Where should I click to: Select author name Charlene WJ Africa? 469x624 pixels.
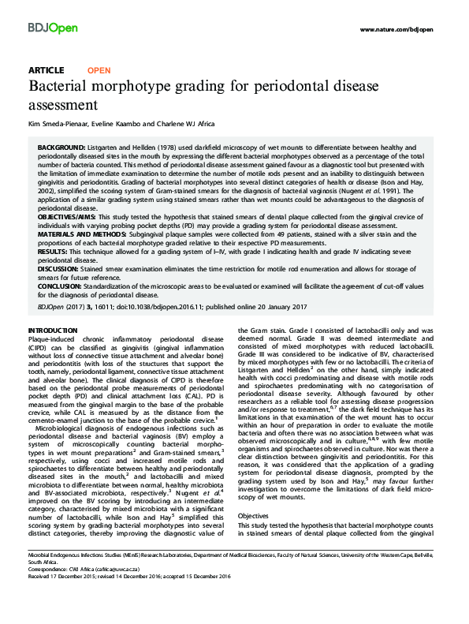coord(197,123)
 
